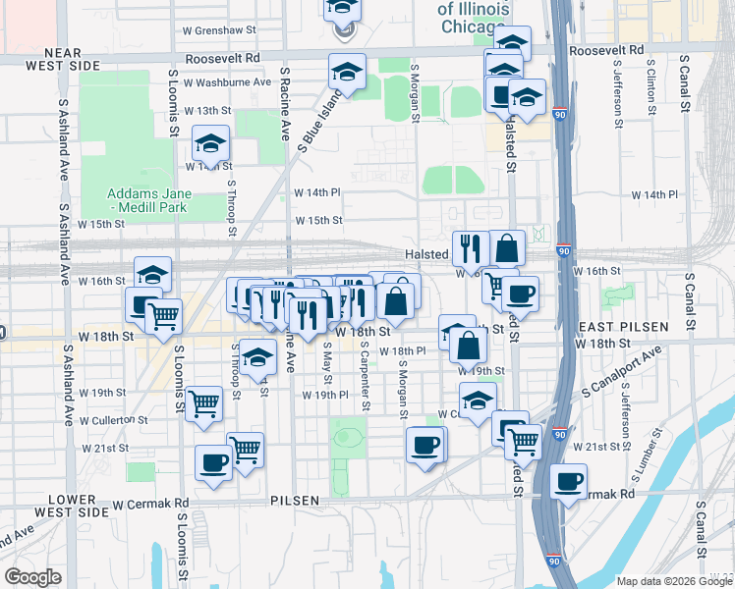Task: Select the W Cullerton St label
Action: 113,420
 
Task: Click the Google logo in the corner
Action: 32,577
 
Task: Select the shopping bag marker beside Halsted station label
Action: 506,247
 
